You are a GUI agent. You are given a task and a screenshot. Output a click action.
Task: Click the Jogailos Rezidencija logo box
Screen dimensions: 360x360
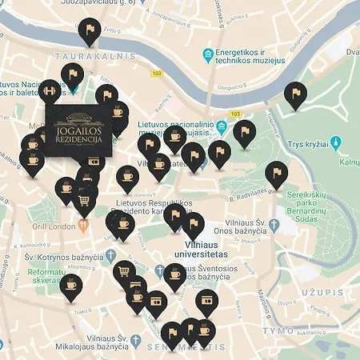[x=78, y=130]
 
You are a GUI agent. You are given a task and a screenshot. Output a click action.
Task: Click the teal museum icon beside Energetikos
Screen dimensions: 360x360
[x=208, y=54]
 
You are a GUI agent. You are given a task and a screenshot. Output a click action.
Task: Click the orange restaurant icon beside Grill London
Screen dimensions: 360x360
[x=82, y=226]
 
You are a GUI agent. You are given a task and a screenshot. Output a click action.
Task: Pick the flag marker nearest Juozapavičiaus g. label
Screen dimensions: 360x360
[x=90, y=33]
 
